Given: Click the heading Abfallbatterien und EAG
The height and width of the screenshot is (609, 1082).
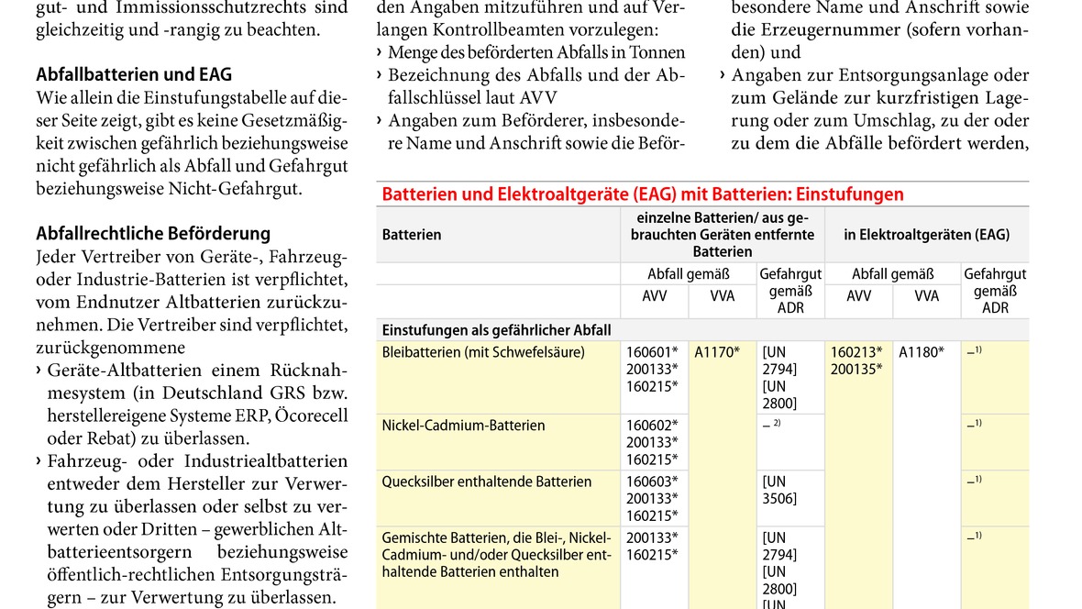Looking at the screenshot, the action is click(x=134, y=74).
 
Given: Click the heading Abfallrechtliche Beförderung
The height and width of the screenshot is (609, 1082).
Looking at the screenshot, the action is click(x=153, y=233).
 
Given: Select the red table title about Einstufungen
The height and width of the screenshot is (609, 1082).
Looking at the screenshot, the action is click(x=643, y=194).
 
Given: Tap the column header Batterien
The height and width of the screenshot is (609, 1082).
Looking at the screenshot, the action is click(x=412, y=235).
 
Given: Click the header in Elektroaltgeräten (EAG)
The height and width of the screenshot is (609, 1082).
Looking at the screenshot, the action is click(x=926, y=235).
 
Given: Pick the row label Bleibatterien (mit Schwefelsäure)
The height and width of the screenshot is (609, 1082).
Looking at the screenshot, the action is click(x=483, y=352).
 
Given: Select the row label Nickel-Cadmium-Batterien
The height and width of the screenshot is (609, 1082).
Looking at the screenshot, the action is click(x=463, y=426).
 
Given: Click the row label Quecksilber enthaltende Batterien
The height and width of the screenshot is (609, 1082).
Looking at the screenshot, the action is click(x=487, y=482).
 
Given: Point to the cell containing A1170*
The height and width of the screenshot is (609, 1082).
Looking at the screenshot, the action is click(x=717, y=352).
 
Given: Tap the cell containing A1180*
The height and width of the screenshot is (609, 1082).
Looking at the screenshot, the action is click(x=921, y=352).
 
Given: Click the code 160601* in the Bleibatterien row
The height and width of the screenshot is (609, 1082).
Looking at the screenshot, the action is click(x=652, y=352).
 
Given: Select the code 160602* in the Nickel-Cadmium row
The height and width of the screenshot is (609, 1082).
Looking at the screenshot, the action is click(x=652, y=426).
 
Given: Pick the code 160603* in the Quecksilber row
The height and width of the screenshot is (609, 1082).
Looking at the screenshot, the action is click(x=652, y=482).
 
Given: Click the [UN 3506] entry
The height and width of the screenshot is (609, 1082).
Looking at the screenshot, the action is click(x=779, y=490).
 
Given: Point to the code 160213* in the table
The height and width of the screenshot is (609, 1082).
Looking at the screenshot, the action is click(x=856, y=352).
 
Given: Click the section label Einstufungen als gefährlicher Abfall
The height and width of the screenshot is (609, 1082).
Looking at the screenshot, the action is click(x=496, y=330).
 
